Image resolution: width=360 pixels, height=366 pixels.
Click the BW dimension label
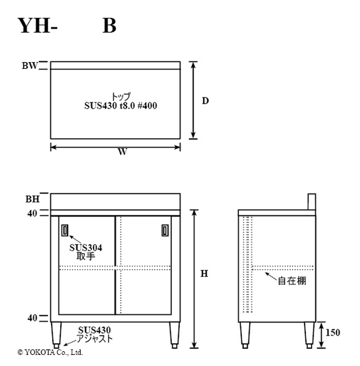30,66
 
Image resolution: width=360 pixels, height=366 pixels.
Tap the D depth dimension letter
205,101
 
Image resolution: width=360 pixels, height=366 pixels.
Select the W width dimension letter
122,152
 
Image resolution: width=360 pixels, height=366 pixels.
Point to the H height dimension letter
204,274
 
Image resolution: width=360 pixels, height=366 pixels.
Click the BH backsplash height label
32,199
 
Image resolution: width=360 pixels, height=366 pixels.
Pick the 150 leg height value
333,333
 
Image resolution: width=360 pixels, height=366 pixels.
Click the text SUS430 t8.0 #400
120,105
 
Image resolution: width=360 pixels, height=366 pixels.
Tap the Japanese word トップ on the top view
121,96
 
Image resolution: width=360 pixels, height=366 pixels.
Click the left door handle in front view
65,231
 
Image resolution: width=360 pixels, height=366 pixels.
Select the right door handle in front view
165,231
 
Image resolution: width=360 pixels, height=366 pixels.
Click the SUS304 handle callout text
86,248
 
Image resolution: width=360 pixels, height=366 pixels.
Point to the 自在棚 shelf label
292,281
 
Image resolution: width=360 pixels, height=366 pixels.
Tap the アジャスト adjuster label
94,339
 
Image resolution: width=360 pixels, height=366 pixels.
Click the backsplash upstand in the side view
312,202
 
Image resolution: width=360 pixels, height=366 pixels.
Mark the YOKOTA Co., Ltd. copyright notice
50,352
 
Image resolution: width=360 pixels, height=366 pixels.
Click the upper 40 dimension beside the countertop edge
32,213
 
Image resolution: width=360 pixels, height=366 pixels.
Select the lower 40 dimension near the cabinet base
32,318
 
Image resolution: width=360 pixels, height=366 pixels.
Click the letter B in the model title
109,25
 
